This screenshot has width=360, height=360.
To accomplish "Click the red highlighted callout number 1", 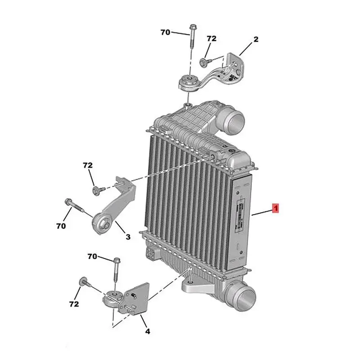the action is (x=275, y=208).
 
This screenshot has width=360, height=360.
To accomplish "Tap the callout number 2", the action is (x=256, y=39).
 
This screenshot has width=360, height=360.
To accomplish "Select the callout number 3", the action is (x=128, y=237).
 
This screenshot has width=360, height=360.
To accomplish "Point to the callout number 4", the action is (x=148, y=331).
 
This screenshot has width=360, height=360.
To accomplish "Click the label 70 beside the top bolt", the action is (x=165, y=32).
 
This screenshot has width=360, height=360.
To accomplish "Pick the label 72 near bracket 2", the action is (x=211, y=39).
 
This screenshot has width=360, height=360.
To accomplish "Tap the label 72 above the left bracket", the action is (x=88, y=165).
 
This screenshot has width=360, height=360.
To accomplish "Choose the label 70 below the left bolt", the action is (x=61, y=226).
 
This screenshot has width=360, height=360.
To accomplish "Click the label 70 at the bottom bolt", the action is (x=92, y=256).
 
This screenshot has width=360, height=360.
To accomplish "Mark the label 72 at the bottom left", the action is (x=74, y=304).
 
